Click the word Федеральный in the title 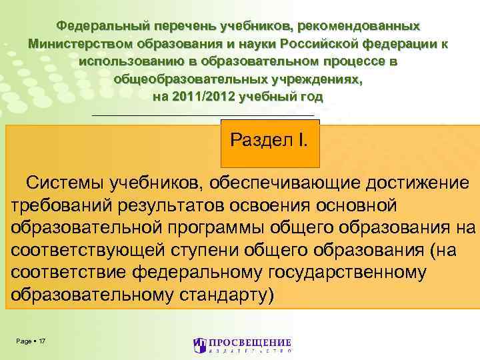coord(102,27)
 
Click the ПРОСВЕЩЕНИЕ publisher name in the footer coord(249,343)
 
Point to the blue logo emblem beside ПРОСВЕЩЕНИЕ coord(199,345)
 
